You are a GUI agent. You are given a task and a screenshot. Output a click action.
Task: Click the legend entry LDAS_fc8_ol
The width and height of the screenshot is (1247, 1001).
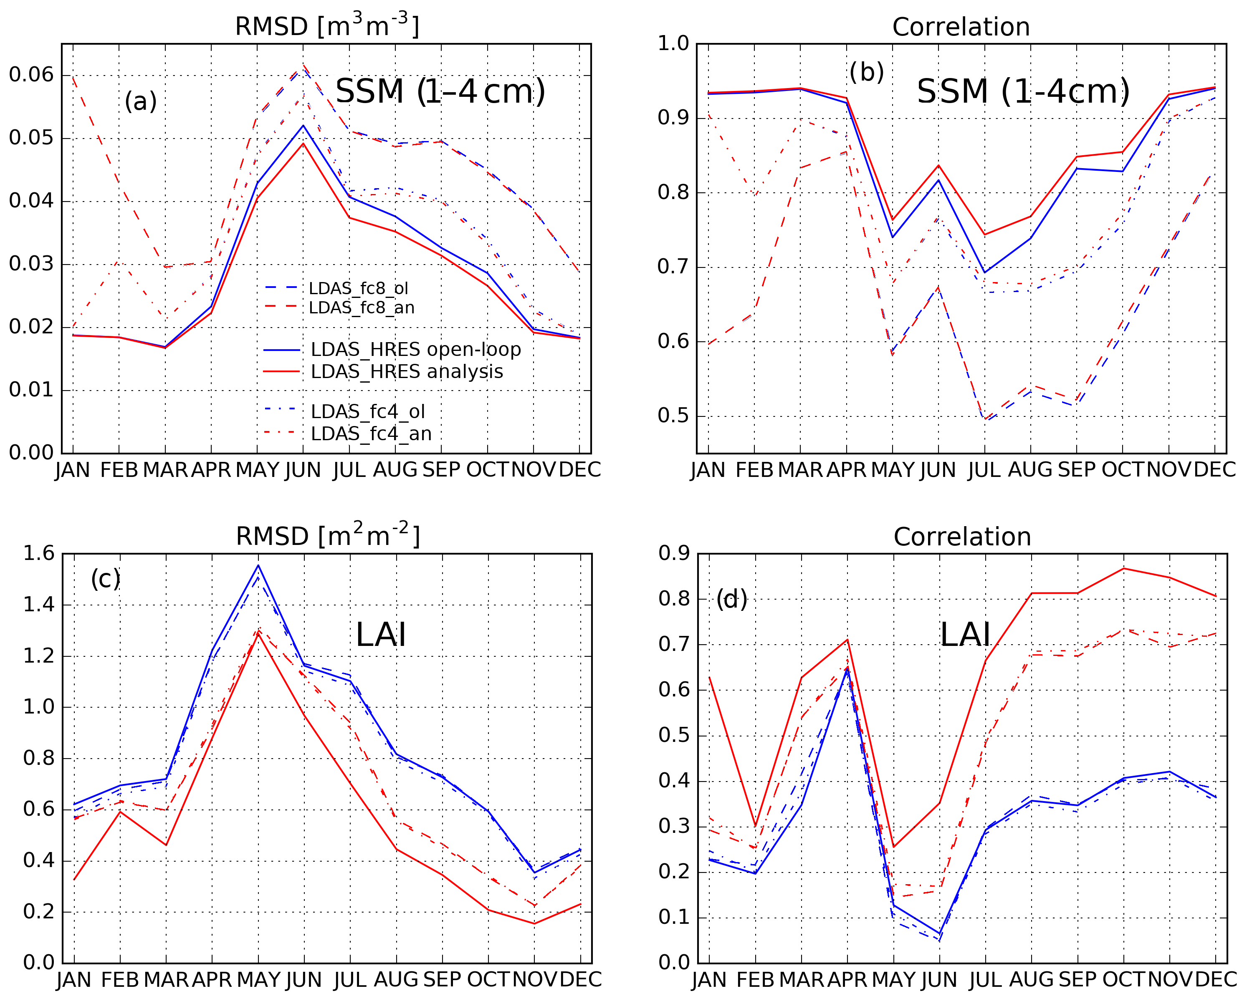[358, 288]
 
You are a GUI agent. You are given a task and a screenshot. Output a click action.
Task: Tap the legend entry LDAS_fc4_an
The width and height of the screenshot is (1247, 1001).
[371, 434]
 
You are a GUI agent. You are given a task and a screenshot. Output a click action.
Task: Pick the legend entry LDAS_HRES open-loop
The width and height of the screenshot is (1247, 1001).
[415, 349]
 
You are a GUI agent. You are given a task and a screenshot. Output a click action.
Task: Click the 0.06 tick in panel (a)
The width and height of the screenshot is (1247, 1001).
[30, 75]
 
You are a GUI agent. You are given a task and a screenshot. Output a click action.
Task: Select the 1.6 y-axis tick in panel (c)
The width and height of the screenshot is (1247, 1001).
[38, 554]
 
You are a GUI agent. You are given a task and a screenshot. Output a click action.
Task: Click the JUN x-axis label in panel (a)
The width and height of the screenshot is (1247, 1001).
[303, 470]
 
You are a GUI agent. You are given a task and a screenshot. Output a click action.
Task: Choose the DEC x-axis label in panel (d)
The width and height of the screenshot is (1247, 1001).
[1216, 980]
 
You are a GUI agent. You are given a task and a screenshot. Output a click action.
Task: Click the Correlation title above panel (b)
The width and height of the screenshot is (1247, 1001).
[961, 27]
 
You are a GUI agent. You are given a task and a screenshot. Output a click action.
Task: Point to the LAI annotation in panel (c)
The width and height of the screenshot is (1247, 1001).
[381, 635]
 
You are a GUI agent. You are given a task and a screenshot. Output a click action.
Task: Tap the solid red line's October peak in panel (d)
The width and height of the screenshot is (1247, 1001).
[1124, 568]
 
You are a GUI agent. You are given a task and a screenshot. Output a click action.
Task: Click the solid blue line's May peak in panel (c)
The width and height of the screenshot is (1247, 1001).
[258, 565]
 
